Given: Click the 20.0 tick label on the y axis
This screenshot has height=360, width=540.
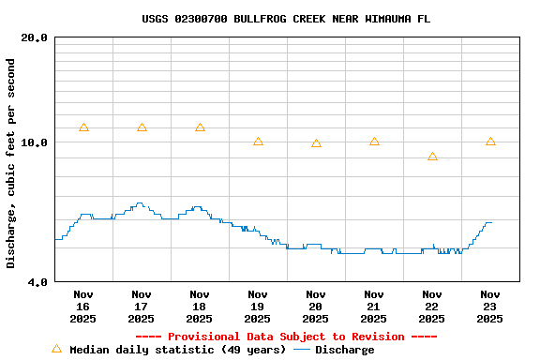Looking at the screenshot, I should pos(35,37).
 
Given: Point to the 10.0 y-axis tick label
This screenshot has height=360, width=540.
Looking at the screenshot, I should pos(35,142).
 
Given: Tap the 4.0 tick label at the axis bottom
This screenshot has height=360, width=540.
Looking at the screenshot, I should pos(38,281).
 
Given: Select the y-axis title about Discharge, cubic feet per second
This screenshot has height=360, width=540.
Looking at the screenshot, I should pos(11,163).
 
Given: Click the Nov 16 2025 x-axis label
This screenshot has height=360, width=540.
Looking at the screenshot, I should pos(83,307).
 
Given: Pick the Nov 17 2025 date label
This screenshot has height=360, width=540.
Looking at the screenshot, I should pos(142,307).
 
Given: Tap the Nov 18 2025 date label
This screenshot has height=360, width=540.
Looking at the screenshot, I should pos(200,307).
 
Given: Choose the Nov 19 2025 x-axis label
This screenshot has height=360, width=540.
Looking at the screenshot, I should pos(258,307).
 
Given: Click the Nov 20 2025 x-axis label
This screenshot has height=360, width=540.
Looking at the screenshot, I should pos(316,307).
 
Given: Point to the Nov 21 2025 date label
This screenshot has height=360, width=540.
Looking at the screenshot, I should pos(374,307).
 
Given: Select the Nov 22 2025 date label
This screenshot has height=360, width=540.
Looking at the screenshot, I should pos(432,307).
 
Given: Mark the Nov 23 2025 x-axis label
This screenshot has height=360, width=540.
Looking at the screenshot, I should pos(490,307).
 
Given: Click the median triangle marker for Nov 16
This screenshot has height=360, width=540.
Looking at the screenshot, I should pos(83,127).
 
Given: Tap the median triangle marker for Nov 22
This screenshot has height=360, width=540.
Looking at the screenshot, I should pos(432,157).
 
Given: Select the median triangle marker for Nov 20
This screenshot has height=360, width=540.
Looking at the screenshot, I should pos(316,143).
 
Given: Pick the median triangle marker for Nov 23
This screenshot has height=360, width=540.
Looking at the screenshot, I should pos(490,142).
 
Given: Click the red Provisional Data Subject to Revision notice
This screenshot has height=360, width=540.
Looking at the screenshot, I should pos(286,337).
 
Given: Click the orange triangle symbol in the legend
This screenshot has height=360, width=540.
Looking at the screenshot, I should pos(56,349).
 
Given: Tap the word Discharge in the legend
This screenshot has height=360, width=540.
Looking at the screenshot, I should pos(344,350).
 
